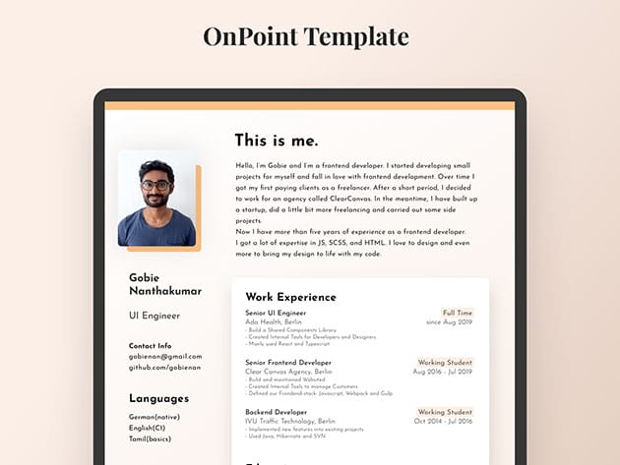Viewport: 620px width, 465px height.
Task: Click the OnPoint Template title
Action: [305, 37]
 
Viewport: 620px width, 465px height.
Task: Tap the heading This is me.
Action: [277, 141]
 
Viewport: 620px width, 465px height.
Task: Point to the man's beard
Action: [155, 200]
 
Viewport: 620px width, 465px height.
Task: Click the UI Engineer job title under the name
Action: [155, 316]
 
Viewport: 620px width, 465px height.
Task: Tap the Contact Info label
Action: [150, 346]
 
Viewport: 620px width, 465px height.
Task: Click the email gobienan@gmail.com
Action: [164, 356]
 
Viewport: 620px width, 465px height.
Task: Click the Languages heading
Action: [158, 398]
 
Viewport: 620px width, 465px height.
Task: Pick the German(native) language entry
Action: [155, 417]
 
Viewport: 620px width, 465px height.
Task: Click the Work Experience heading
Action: [290, 296]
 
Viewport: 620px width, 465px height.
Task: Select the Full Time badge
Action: [458, 313]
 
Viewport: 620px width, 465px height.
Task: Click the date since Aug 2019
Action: [450, 322]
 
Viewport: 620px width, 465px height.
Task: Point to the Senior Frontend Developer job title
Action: [288, 363]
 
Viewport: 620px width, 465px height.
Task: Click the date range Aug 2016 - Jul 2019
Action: [443, 372]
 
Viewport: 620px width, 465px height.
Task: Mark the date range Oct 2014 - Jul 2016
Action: [443, 421]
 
